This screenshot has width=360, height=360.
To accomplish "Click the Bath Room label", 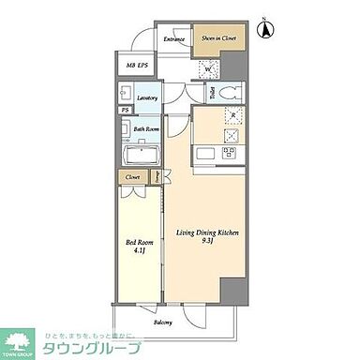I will pyautogui.click(x=144, y=130).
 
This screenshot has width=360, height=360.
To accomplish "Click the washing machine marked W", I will pyautogui.click(x=209, y=67).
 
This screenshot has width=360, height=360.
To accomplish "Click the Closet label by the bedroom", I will pyautogui.click(x=131, y=175).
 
